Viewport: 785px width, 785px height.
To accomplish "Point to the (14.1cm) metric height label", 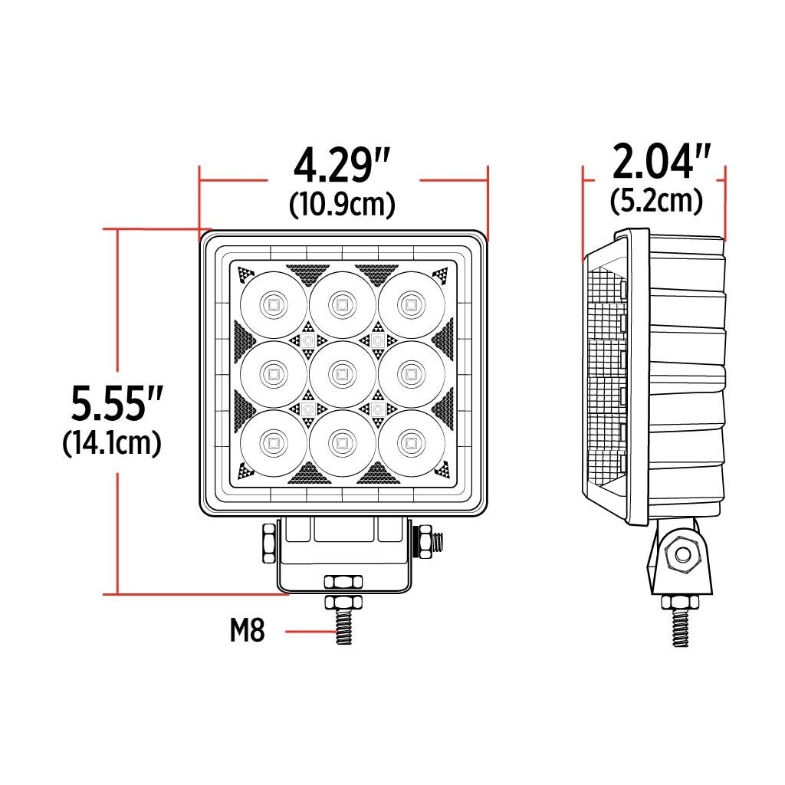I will coord(112,443).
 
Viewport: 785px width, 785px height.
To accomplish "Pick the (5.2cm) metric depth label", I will coord(656,201).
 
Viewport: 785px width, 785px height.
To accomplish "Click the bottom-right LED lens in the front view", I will coord(412,442).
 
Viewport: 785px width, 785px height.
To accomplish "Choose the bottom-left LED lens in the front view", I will coord(272,442).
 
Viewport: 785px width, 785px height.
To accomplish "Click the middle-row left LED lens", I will coord(272,374).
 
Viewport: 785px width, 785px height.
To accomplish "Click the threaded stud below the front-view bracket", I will coord(344,625).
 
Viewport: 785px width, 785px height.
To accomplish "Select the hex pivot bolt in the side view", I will coord(679,555).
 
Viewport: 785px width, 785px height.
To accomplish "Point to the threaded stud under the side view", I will coord(679,625).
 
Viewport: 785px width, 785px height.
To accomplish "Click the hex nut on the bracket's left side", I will coord(268,541).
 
